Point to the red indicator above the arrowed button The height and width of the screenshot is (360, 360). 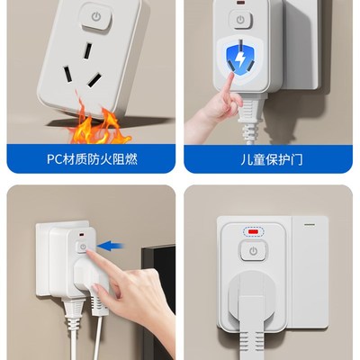pos(82,235)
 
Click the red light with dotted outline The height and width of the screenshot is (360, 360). pos(253,229)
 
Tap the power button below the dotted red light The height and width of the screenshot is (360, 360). pos(254,251)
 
